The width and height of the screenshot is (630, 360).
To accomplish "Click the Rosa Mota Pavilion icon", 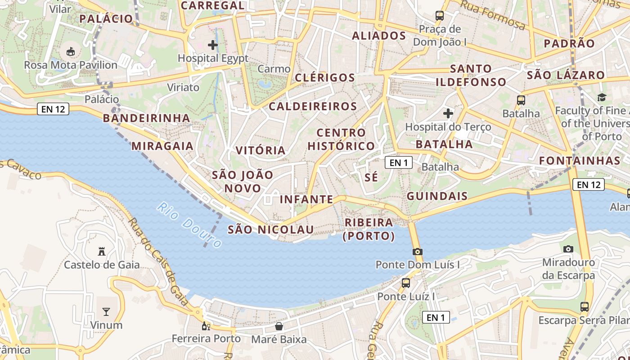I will tap(71, 51).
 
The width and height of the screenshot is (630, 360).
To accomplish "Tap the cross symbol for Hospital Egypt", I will tap(213, 45).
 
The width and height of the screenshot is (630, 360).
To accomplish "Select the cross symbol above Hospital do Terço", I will tap(448, 113).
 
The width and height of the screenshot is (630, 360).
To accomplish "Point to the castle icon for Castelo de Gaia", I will tap(102, 251).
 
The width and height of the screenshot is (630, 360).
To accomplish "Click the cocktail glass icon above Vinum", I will tap(106, 311).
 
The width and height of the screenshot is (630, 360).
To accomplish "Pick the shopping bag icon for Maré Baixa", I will tap(279, 326).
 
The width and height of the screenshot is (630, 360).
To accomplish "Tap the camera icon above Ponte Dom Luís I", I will tap(418, 252).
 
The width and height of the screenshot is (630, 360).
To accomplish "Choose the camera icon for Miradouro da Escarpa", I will tap(568, 249).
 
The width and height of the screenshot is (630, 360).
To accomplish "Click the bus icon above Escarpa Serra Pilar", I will tap(584, 307).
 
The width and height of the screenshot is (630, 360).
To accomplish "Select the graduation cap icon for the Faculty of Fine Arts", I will tap(602, 97).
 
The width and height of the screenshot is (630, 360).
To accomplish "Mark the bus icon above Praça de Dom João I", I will tap(440, 16).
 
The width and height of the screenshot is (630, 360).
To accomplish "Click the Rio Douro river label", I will tap(189, 225).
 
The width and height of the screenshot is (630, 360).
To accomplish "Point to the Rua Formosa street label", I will tap(493, 16).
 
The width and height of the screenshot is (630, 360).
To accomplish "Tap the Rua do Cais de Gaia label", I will tap(158, 261).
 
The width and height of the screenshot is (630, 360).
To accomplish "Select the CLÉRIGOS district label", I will tap(325, 77).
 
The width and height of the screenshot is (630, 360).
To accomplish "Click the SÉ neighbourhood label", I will tap(371, 177).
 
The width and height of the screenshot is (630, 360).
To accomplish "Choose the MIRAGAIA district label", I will tap(162, 146).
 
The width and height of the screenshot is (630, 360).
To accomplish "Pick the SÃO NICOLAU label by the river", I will tap(270, 229).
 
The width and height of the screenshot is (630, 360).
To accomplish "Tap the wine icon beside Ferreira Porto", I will tap(206, 326).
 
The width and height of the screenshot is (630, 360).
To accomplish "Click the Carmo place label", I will tap(274, 69).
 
